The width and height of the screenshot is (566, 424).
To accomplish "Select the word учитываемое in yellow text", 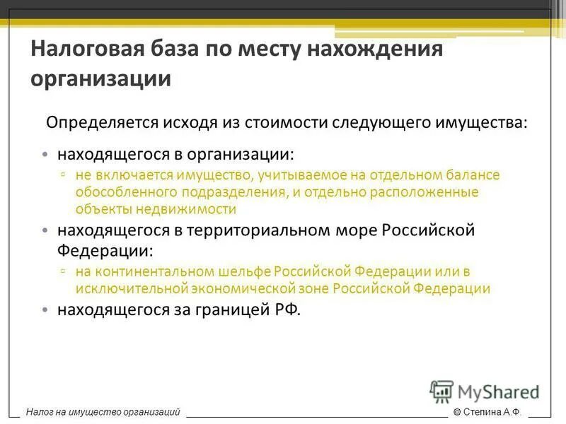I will click(x=293, y=175).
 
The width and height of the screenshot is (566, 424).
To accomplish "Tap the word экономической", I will click(x=241, y=288).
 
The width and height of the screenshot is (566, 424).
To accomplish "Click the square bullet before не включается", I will click(x=64, y=175).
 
